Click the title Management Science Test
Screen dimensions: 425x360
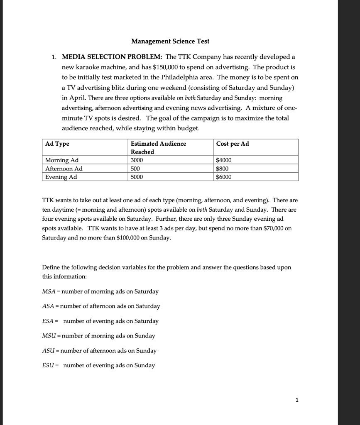pos(170,41)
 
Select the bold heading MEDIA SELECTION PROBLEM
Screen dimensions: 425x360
pos(112,56)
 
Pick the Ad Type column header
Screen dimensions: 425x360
pos(57,144)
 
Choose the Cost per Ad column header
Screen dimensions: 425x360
pos(233,144)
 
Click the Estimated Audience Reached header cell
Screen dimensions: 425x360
pos(158,147)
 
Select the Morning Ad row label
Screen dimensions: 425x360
pos(62,160)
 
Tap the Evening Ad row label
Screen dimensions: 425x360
pos(61,177)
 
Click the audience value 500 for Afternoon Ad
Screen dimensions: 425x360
pos(135,169)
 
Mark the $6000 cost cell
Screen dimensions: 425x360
pos(224,177)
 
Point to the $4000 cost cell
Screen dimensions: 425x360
pos(224,160)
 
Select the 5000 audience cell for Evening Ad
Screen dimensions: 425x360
pos(137,177)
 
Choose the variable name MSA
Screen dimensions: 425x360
pos(49,291)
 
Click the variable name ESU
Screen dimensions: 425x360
pos(48,365)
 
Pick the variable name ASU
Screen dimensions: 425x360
pos(49,351)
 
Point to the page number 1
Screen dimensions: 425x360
pos(296,400)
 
